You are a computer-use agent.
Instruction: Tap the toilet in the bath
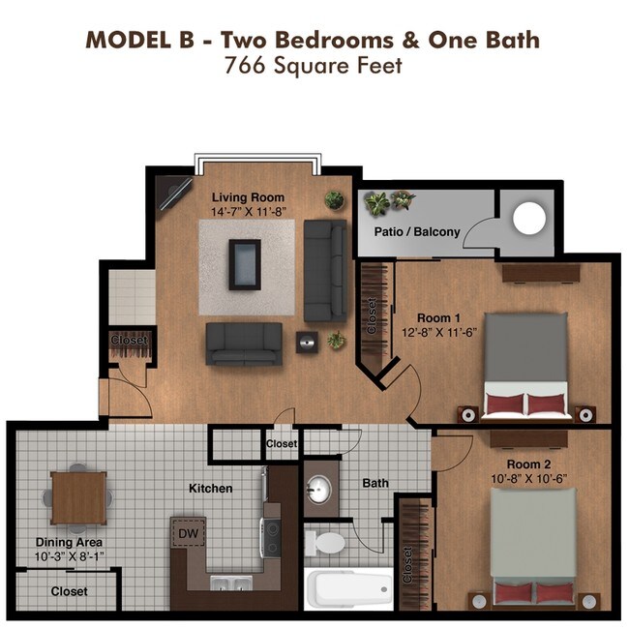(326, 542)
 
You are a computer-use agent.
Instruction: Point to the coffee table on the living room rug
(246, 263)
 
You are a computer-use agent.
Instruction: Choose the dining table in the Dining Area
(77, 497)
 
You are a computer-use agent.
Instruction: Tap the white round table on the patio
(528, 219)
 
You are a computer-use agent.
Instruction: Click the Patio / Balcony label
(417, 232)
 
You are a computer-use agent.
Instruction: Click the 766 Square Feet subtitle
(313, 67)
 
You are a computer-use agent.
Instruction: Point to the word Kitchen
(211, 489)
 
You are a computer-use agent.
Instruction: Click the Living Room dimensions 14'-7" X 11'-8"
(249, 211)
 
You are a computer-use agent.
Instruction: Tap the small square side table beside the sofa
(308, 340)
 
